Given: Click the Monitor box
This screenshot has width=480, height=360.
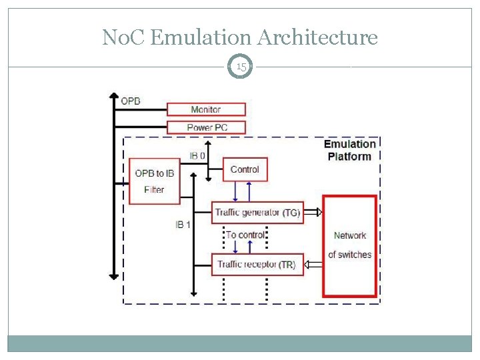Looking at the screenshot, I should coord(206,109).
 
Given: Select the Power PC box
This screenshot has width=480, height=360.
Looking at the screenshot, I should coord(206,127).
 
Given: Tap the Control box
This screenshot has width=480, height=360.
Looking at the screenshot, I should coord(245,170).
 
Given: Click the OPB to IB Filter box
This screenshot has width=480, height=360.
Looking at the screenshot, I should coord(154,181).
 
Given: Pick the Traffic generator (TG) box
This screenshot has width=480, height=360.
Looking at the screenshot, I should coord(257,213).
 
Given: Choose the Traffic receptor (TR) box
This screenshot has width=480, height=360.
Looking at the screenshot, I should coord(257,264).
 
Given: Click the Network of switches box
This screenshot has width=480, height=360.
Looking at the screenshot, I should coord(349,245).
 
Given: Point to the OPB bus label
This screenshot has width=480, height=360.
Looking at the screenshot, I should coord(131,101).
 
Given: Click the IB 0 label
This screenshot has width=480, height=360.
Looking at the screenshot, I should coord(198,155).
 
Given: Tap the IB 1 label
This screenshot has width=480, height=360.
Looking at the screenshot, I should coord(183,225).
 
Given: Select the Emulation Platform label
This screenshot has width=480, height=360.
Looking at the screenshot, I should coord(349,150).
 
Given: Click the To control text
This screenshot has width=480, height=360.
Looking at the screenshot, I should coord(245,235).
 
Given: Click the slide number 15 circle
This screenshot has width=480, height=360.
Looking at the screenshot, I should coord(241,67).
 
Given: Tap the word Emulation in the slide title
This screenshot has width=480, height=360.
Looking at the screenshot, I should coord(199,37).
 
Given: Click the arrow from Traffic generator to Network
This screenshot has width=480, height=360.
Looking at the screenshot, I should coord(313,213).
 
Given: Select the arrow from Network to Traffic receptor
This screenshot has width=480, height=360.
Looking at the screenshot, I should coord(313,265).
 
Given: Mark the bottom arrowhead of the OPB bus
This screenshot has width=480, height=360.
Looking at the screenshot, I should coord(113,275).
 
